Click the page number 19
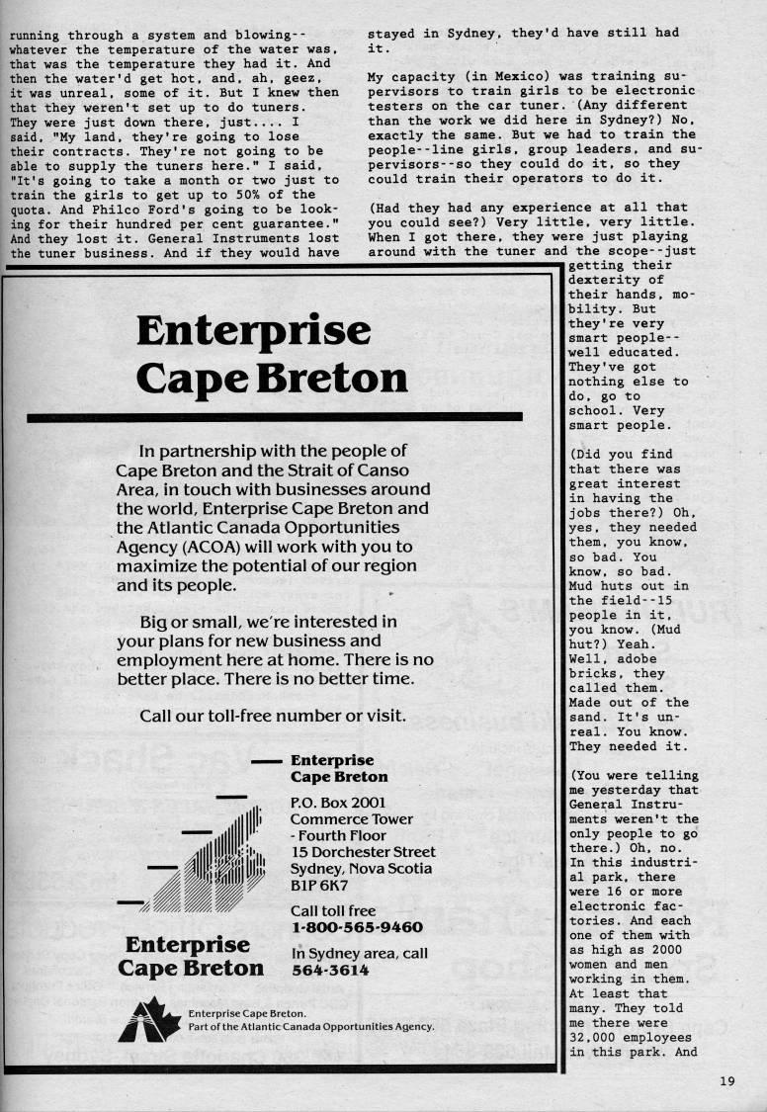point(727,1081)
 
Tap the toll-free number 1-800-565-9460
point(357,927)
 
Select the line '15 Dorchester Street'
point(363,851)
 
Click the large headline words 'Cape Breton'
point(271,378)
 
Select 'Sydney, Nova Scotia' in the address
point(361,868)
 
